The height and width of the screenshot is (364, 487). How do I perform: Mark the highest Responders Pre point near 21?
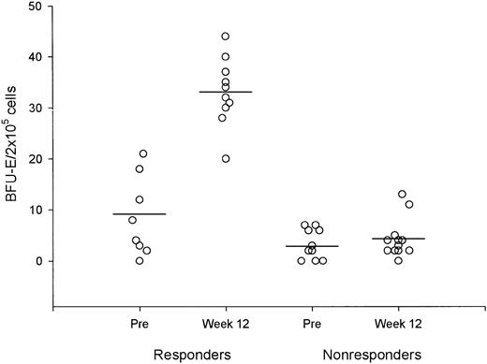143,153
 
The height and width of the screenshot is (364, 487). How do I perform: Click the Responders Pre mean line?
139,214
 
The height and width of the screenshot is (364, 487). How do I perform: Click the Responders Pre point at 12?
139,200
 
